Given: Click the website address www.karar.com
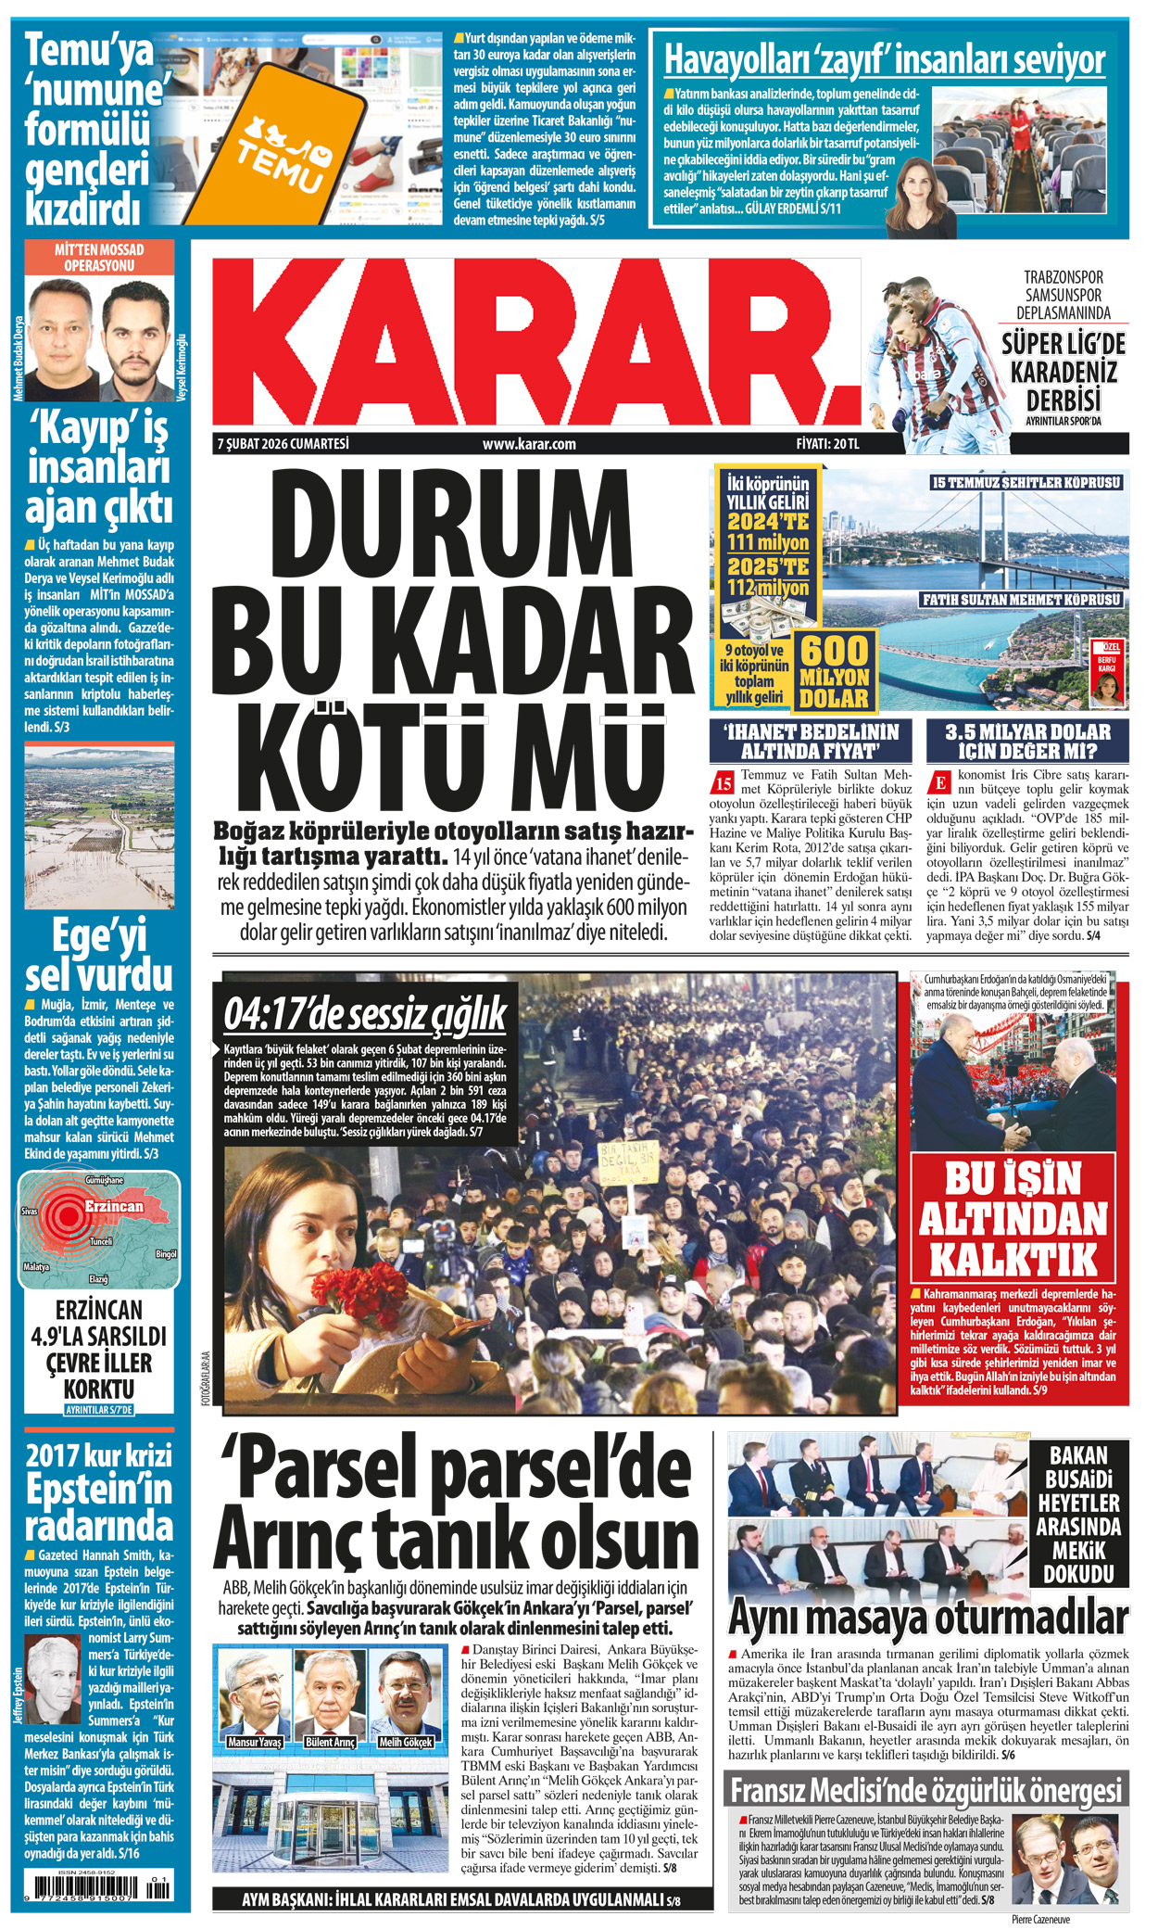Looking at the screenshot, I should (x=529, y=444).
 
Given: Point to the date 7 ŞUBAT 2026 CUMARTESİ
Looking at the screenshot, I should (x=283, y=444).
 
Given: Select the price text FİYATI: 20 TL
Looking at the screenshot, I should (x=827, y=444).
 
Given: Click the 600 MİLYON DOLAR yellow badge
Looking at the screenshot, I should (x=834, y=671).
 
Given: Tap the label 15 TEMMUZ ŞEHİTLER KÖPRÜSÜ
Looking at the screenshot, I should (x=1026, y=482).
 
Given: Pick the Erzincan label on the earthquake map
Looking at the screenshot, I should (x=114, y=1206).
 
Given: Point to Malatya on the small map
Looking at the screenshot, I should (x=36, y=1266).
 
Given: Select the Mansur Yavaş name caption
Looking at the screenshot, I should (x=256, y=1742).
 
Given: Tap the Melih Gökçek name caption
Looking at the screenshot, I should (x=406, y=1742).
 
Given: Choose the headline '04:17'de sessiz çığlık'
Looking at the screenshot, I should (x=365, y=1014).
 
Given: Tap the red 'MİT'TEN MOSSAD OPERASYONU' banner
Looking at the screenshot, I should (x=99, y=257).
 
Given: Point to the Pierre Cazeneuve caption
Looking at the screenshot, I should (x=1039, y=1919).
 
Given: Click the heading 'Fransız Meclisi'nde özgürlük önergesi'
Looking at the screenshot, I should (x=925, y=1790).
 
